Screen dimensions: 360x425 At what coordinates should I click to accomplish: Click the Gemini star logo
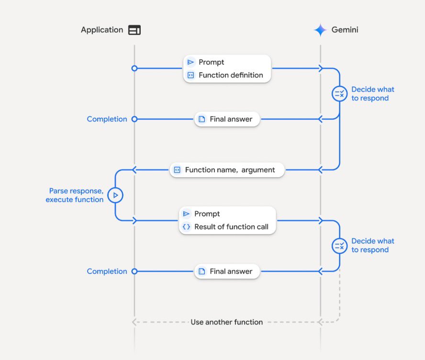tap(320, 30)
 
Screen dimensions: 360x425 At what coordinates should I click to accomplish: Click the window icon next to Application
tap(134, 30)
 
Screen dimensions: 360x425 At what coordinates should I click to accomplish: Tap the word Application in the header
tap(102, 30)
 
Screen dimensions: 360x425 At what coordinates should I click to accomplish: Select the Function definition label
tap(231, 75)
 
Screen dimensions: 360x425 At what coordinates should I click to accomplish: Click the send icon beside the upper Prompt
tap(190, 62)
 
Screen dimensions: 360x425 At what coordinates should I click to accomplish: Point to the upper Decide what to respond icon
tap(339, 94)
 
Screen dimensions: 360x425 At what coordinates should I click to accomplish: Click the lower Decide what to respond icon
tap(339, 246)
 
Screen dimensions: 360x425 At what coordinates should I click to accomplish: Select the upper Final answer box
tap(227, 119)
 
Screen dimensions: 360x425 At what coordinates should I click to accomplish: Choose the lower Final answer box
tap(227, 271)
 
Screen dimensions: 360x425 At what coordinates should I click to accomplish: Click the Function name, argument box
tap(227, 170)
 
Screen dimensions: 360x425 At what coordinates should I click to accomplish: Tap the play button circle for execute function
tap(115, 195)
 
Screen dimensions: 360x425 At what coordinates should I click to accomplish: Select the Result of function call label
tap(231, 227)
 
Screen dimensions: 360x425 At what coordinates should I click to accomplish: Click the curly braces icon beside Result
tap(186, 227)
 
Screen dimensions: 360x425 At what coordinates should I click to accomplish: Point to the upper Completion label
tap(107, 119)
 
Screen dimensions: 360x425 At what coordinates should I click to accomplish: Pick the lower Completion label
tap(107, 271)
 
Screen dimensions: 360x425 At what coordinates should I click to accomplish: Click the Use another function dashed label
tap(227, 322)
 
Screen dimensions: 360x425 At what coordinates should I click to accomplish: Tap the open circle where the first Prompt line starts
tap(134, 68)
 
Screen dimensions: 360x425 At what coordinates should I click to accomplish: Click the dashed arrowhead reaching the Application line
tap(135, 322)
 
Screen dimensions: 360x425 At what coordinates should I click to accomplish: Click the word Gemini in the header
tap(345, 30)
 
